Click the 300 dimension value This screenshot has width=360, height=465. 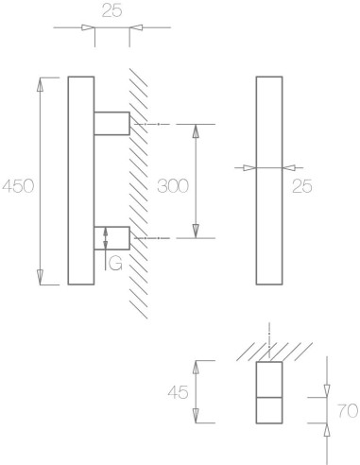(174, 186)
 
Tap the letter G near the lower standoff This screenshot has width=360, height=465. (114, 264)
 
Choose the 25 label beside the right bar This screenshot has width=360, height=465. (303, 186)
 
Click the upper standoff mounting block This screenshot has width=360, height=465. (111, 123)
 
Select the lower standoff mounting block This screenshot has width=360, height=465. (111, 237)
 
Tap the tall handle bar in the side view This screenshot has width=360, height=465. (81, 180)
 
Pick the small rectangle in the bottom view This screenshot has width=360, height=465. (269, 394)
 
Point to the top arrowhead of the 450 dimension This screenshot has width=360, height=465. (41, 82)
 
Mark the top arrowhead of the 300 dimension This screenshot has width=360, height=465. (196, 129)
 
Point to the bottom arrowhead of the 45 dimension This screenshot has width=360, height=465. (196, 422)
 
